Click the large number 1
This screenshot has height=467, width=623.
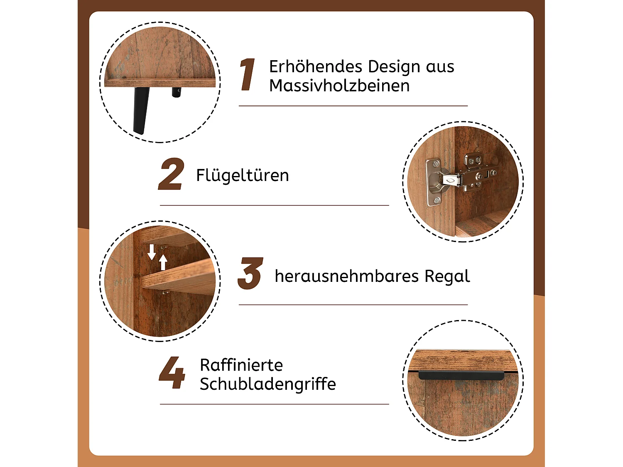pyautogui.click(x=248, y=75)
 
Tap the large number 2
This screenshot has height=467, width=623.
pyautogui.click(x=171, y=174)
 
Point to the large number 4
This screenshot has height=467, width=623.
pyautogui.click(x=172, y=373)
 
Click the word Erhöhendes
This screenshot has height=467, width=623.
pyautogui.click(x=315, y=67)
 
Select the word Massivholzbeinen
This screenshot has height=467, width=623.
pyautogui.click(x=339, y=86)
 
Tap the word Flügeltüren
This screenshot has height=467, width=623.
pyautogui.click(x=242, y=175)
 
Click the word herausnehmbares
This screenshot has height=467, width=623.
pyautogui.click(x=346, y=276)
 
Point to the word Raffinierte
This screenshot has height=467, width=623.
pyautogui.click(x=241, y=365)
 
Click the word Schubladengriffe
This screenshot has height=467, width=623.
pyautogui.click(x=267, y=384)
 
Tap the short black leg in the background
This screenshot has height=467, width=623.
pyautogui.click(x=177, y=92)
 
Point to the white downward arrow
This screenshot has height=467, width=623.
pyautogui.click(x=152, y=252)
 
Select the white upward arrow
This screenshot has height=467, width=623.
pyautogui.click(x=163, y=262)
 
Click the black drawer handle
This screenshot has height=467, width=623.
pyautogui.click(x=461, y=375)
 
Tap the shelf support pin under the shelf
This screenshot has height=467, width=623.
pyautogui.click(x=166, y=292)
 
